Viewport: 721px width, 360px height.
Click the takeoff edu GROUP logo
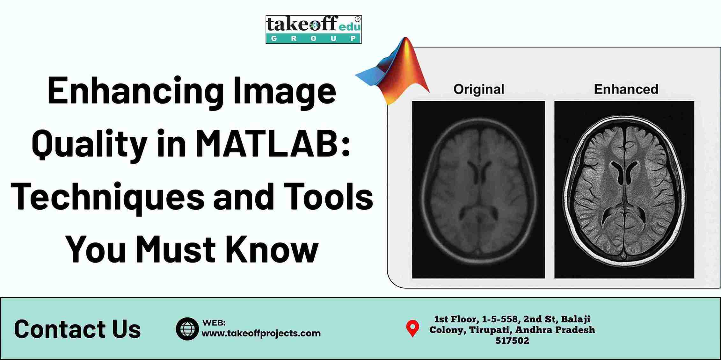click(314, 29)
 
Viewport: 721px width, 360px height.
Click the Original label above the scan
click(479, 90)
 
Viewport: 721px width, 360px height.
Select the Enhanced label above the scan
click(626, 89)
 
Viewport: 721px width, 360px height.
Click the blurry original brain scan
click(478, 190)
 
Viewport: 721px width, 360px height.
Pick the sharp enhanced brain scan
click(624, 190)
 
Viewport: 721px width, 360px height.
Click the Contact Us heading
click(77, 329)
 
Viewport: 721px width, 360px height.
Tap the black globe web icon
click(187, 329)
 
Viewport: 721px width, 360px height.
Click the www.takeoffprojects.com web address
click(261, 333)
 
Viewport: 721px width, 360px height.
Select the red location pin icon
click(412, 328)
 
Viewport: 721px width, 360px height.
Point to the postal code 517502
click(512, 341)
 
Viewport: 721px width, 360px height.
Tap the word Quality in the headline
click(89, 144)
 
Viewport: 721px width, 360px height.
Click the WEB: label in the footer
click(214, 323)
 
